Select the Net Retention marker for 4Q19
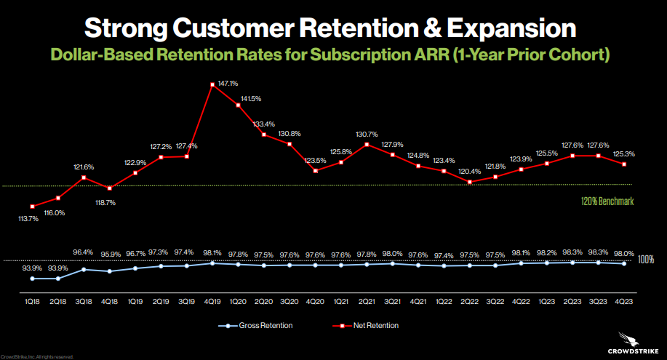click(x=212, y=84)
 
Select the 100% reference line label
click(x=645, y=259)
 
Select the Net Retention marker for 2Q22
click(x=470, y=183)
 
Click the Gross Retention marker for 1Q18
click(x=33, y=278)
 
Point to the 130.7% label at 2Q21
click(x=367, y=134)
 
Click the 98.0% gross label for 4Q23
click(x=623, y=252)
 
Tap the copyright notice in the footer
click(x=37, y=357)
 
